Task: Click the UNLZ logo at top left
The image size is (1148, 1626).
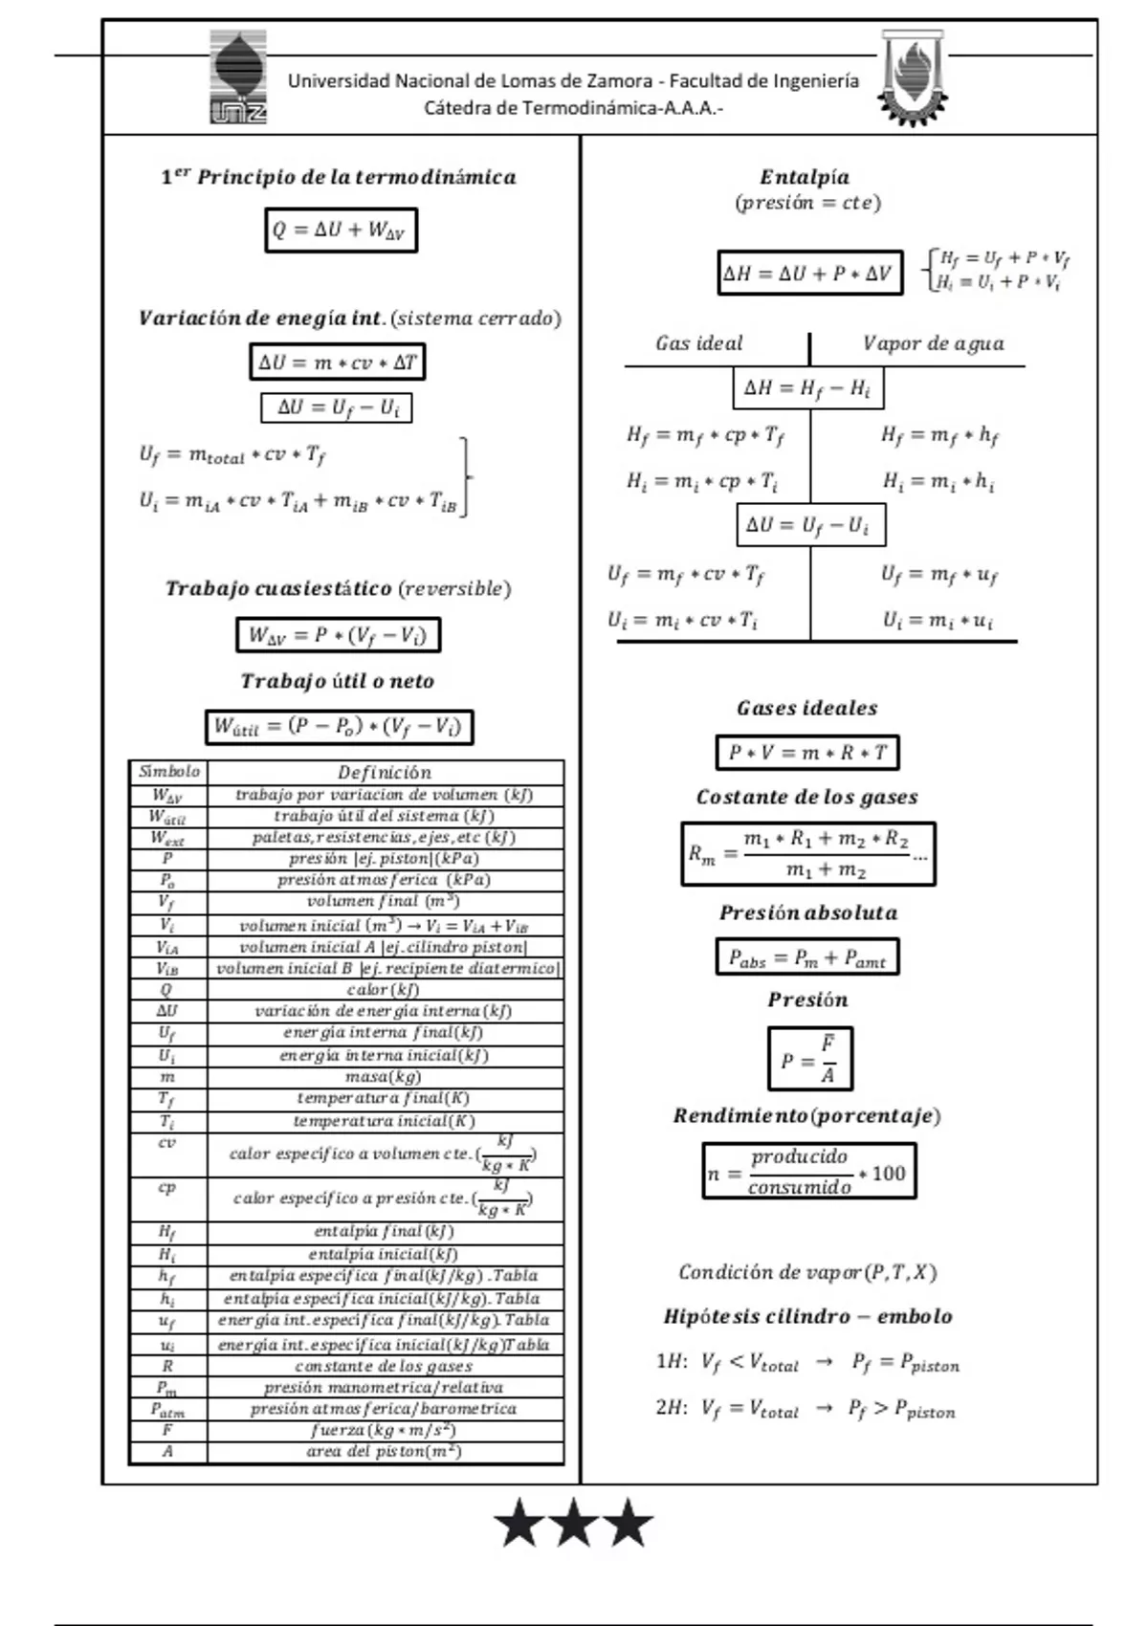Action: pos(238,77)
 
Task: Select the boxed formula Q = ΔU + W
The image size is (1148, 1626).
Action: pos(341,230)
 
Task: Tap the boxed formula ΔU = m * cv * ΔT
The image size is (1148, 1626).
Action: pos(337,363)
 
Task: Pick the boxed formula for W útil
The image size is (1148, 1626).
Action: pos(339,727)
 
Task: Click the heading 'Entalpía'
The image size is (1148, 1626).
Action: pos(805,177)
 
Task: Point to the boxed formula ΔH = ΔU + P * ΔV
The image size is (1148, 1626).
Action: pos(808,274)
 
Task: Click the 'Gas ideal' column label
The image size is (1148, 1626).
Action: pos(699,343)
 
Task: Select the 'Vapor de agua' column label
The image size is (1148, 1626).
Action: pos(933,343)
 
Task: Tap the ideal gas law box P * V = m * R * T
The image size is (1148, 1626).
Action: pos(807,753)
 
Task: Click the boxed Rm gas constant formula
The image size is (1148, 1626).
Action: pos(807,853)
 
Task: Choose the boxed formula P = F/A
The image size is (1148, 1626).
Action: pos(809,1059)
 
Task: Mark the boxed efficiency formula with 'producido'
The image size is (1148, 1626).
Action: pos(808,1171)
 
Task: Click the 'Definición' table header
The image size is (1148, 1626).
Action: pos(385,772)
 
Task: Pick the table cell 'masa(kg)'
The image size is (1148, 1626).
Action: pos(384,1077)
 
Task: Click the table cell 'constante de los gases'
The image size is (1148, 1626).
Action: pos(384,1366)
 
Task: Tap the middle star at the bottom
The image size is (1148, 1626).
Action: pos(574,1524)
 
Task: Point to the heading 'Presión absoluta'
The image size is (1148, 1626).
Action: pos(808,912)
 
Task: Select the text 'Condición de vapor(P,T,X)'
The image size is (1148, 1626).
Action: pos(807,1272)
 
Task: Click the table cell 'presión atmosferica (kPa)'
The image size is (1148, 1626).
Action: pos(384,880)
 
